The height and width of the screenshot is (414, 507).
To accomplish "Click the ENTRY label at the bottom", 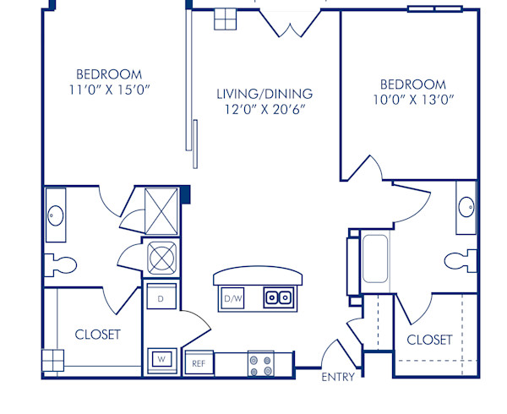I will pos(338,377).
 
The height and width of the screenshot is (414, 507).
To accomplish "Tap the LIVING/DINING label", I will pos(264,94).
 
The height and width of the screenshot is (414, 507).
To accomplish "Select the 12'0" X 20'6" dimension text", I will pos(264,109).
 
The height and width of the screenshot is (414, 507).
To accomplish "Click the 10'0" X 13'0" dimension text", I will pos(412,100).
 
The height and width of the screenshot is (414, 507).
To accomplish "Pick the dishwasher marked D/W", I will pos(232,298).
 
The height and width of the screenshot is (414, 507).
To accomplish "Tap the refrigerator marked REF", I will pos(199,363).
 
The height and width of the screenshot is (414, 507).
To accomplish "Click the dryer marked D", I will pos(161,297).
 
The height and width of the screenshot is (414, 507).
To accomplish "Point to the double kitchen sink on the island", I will pos(278,297).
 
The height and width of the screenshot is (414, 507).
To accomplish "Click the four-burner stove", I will pos(260,364).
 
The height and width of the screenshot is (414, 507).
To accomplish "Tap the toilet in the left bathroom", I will pos(61,264).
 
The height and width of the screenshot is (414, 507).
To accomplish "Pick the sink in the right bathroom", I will pos(466,206).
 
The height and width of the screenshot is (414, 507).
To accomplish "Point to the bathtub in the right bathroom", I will pos(374,259).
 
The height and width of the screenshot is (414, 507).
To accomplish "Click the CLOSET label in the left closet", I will pos(98,335).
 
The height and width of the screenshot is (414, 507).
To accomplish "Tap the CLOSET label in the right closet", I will pos(430,340).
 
